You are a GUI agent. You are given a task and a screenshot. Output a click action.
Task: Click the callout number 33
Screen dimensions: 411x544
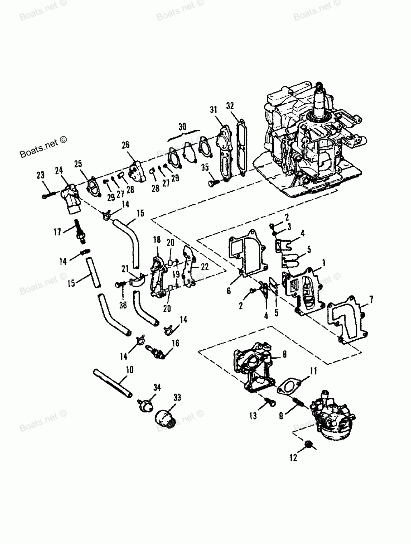(x=177, y=398)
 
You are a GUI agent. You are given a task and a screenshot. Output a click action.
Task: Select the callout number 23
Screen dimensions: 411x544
(x=40, y=175)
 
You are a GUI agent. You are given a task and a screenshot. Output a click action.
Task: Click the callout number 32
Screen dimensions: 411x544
(x=230, y=106)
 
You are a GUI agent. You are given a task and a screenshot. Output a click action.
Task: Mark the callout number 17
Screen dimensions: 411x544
(x=58, y=232)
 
